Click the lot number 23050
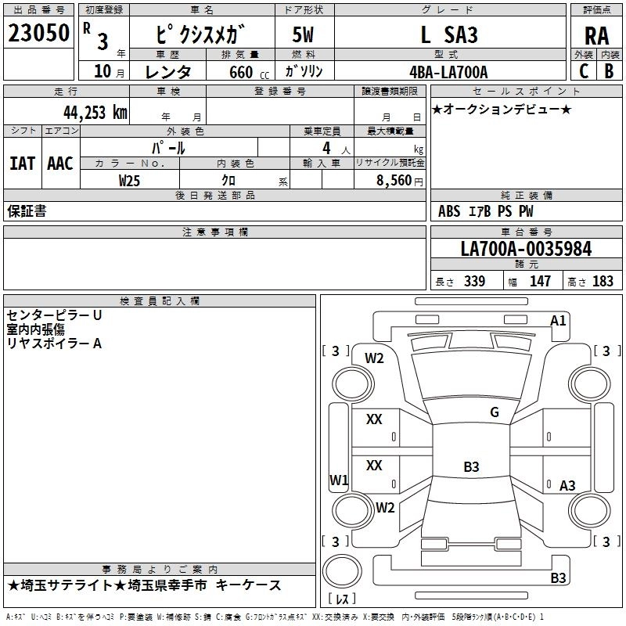38,33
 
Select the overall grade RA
596,36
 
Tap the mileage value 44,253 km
95,112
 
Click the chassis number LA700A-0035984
526,249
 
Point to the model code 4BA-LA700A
448,72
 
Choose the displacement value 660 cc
249,72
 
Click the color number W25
129,181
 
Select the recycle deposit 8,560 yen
399,181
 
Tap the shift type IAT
23,164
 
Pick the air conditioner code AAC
60,164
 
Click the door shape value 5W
303,34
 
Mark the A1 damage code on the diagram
558,321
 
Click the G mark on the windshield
495,412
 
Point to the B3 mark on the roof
471,466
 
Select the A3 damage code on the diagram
567,485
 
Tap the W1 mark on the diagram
339,480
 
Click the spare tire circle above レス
342,571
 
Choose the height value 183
603,281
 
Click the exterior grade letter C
584,71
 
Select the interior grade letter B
609,71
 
